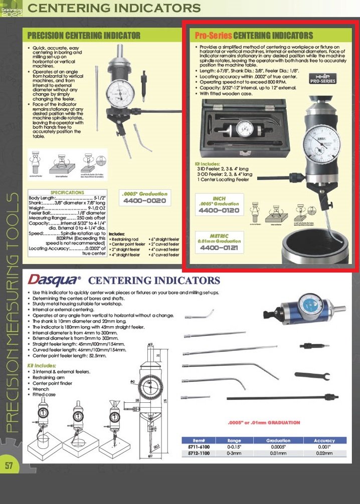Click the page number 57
(9, 465)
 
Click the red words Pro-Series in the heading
(213, 36)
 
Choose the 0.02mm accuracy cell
(324, 453)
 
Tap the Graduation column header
(278, 440)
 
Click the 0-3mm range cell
(234, 453)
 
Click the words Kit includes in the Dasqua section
(41, 366)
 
